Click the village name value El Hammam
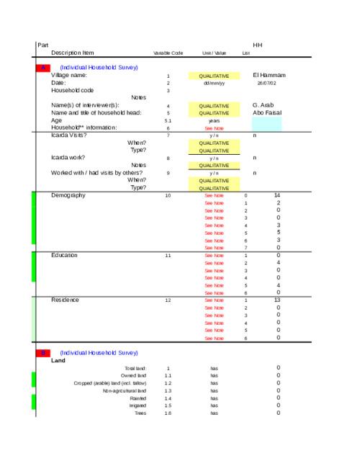tap(270, 75)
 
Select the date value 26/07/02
tap(266, 83)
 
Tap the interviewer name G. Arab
tap(264, 105)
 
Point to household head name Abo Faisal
tap(267, 112)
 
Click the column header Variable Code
tap(168, 53)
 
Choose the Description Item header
tap(73, 53)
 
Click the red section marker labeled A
tap(42, 67)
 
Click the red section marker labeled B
tap(42, 353)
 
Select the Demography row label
tap(68, 195)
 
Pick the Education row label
tap(65, 255)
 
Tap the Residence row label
tap(65, 300)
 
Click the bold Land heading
tap(58, 360)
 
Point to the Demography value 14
tap(278, 195)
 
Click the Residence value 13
tap(278, 300)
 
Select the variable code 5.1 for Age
tap(168, 120)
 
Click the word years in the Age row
tap(214, 120)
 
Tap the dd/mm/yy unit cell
tap(214, 83)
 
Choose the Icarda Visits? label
tap(69, 135)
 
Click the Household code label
tap(72, 90)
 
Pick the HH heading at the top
tap(258, 45)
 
